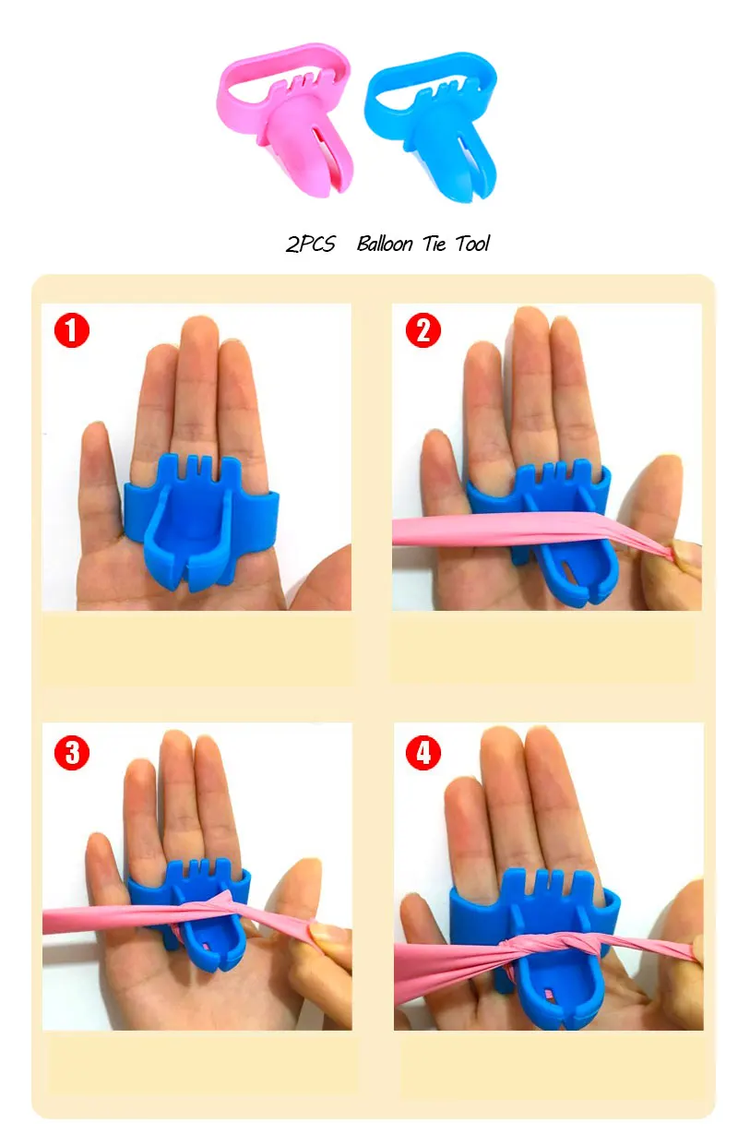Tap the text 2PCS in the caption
click(310, 244)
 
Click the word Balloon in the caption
click(384, 244)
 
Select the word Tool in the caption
click(472, 244)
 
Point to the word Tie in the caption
click(434, 244)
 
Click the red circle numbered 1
click(72, 330)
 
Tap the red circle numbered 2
click(423, 330)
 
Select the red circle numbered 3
click(72, 752)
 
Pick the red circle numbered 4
click(423, 752)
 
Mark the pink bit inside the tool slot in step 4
click(549, 995)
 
